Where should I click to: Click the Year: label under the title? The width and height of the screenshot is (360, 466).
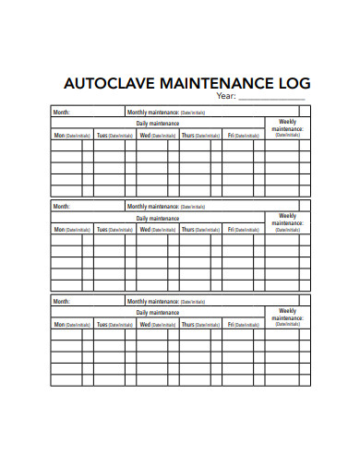(x=226, y=96)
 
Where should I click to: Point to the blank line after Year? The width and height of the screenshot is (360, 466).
(x=272, y=98)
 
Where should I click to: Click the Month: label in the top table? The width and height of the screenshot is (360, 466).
(x=62, y=113)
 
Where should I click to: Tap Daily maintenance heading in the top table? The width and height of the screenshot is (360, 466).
(x=157, y=123)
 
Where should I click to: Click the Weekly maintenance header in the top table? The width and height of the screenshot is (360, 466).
(x=288, y=127)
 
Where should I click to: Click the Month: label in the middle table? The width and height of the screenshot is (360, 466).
(x=62, y=206)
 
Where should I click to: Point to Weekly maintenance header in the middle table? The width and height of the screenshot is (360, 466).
(x=288, y=221)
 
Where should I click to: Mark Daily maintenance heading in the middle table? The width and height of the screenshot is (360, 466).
(x=157, y=217)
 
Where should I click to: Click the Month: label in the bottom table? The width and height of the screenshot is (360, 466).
(x=62, y=301)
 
